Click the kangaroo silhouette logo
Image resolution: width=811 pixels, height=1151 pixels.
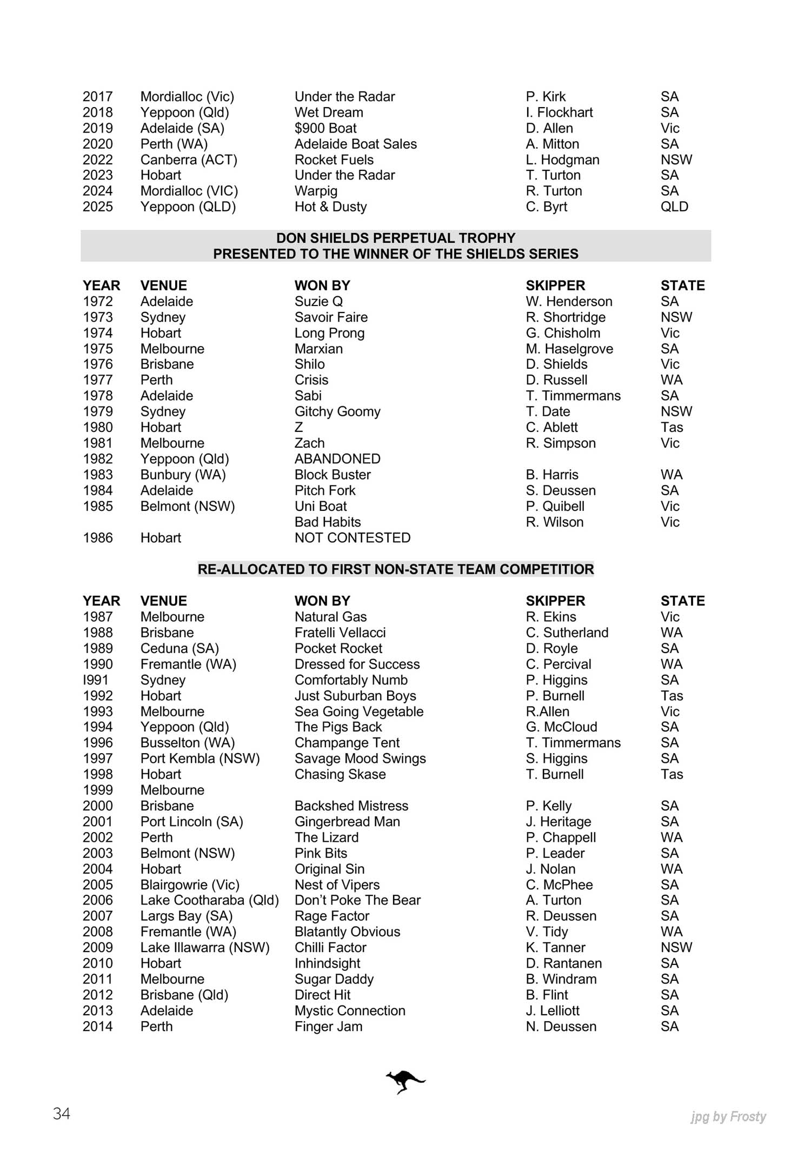[x=405, y=1081]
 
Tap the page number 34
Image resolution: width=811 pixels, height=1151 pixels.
[x=62, y=1113]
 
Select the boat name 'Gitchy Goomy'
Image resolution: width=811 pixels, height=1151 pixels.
[x=337, y=411]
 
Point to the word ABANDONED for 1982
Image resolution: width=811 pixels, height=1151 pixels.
[x=337, y=459]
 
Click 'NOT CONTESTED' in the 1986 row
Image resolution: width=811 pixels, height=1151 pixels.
[x=353, y=538]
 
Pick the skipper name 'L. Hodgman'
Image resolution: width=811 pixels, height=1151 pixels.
[x=562, y=160]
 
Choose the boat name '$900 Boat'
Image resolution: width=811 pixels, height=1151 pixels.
[x=325, y=128]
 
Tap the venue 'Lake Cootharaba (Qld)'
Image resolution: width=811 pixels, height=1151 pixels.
[x=209, y=900]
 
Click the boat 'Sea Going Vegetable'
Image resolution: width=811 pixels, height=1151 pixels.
[x=359, y=711]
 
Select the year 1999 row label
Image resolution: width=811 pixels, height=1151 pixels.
[x=98, y=790]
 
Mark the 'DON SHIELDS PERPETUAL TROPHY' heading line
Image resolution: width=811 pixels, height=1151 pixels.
[x=396, y=238]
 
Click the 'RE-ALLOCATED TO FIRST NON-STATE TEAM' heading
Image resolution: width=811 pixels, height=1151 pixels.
[x=396, y=569]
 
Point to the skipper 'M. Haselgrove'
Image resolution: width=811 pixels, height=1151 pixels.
[x=569, y=349]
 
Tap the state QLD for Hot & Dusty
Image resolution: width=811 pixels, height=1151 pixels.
[x=674, y=207]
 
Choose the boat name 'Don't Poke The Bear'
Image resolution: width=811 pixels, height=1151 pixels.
[x=357, y=900]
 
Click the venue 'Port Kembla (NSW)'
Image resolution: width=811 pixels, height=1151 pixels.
[x=200, y=759]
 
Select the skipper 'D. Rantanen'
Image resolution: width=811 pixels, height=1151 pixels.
[x=563, y=963]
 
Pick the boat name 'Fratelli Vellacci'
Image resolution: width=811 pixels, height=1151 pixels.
[x=340, y=633]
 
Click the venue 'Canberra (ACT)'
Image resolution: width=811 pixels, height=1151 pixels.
[x=189, y=160]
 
